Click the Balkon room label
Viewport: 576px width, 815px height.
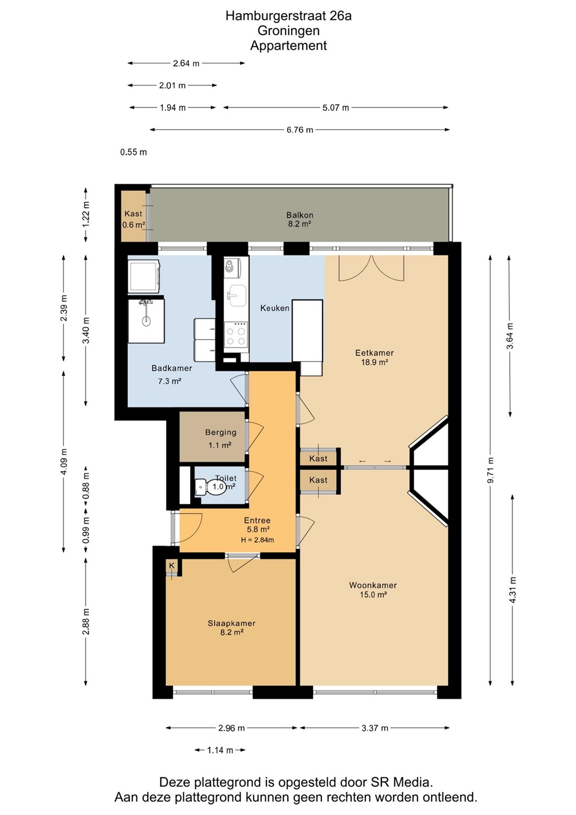300,215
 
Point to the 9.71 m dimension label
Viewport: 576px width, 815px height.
491,470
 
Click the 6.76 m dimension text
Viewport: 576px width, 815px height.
300,130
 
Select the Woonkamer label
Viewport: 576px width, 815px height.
373,585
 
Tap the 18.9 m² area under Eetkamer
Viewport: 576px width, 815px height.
374,362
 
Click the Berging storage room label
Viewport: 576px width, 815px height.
221,432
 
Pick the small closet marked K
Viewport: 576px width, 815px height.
172,566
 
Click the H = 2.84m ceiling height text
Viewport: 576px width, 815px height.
257,540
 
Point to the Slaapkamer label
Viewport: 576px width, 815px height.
231,623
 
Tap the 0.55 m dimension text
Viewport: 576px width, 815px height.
134,152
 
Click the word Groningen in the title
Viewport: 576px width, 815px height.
289,31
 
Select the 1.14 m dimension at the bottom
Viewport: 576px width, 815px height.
220,750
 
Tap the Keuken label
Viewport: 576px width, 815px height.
275,308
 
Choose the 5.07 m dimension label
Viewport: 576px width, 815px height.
336,108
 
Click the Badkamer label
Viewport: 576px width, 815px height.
171,368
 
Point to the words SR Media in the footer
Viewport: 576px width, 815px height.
401,782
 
